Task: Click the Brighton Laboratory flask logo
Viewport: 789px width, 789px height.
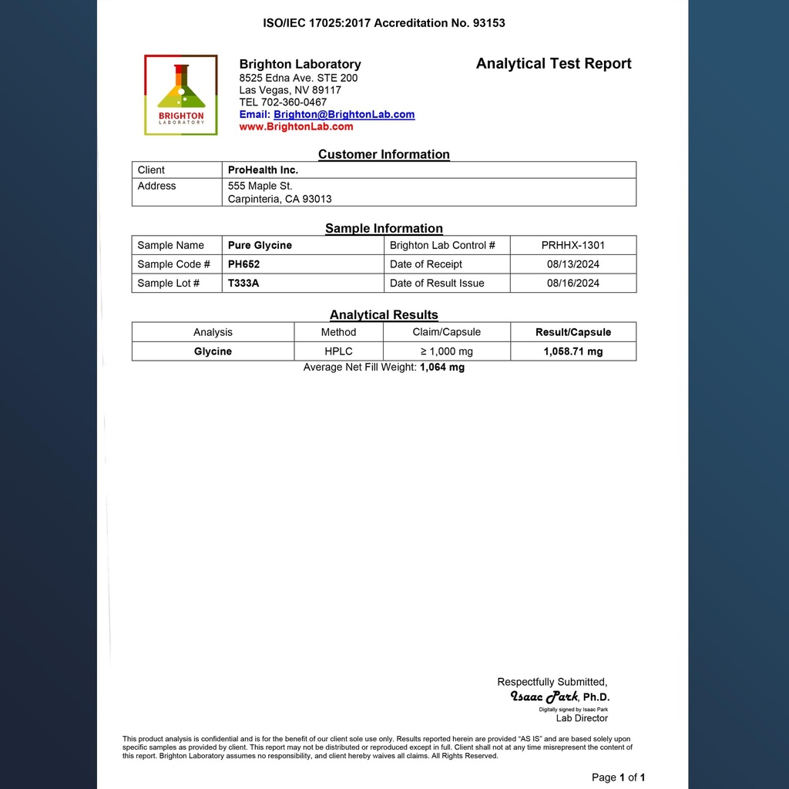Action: point(181,95)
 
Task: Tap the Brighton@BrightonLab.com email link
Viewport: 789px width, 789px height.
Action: point(344,114)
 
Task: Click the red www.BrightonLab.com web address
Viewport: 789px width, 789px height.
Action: point(296,126)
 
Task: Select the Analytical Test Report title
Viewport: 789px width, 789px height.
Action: point(553,64)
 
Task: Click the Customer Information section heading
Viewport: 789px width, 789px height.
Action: point(384,154)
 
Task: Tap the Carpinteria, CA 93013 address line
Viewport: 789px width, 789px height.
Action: point(280,199)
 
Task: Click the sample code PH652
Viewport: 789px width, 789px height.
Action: point(243,264)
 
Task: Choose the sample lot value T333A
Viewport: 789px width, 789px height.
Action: point(243,283)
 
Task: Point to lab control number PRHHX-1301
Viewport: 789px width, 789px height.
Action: point(572,245)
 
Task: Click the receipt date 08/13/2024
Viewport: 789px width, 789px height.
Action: point(572,264)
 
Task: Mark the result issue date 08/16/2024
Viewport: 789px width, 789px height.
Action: point(572,283)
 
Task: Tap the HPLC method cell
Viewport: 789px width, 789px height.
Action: point(338,351)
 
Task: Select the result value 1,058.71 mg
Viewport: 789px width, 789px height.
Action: point(572,351)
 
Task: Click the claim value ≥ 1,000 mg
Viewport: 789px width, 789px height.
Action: point(446,351)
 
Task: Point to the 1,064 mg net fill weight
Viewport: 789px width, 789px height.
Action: point(442,368)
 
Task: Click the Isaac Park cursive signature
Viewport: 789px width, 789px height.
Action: point(544,697)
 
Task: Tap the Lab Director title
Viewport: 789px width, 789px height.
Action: point(582,718)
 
